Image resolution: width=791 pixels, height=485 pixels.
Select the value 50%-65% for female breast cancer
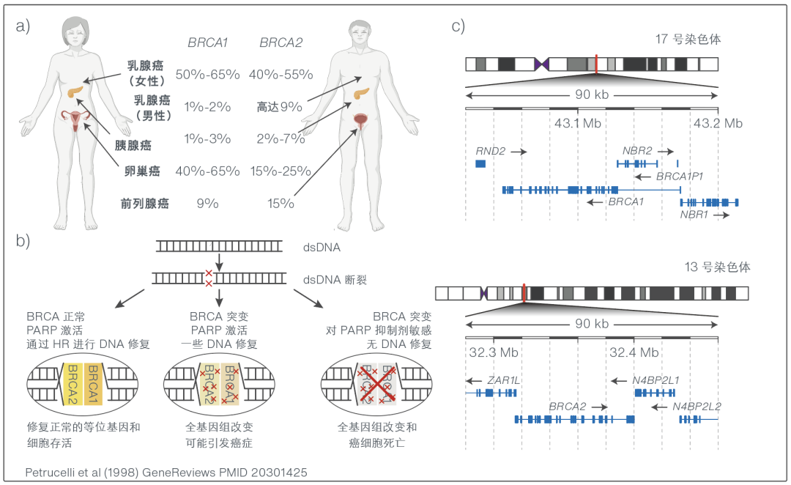click(x=207, y=75)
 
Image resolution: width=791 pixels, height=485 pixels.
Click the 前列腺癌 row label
click(x=147, y=203)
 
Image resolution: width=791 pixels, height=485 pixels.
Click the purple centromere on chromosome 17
click(x=541, y=64)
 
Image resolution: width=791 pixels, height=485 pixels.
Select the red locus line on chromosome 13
click(x=524, y=292)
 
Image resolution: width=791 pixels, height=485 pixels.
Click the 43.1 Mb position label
click(x=577, y=123)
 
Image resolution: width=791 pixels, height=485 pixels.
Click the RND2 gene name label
click(x=491, y=151)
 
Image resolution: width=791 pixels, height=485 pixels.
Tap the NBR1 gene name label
click(x=694, y=215)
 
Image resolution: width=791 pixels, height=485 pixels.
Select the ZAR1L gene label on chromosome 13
click(x=503, y=380)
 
